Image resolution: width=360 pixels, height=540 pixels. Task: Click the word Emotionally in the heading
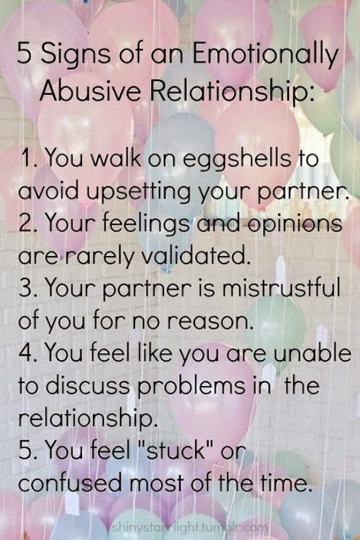(x=265, y=55)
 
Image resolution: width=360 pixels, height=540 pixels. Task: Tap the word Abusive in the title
(x=90, y=91)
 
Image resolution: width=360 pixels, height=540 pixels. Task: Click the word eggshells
(x=237, y=160)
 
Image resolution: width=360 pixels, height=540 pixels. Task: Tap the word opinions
(x=295, y=224)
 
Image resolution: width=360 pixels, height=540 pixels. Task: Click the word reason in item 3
(x=210, y=321)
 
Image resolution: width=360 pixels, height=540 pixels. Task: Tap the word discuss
(x=88, y=385)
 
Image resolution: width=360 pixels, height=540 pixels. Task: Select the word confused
(x=70, y=483)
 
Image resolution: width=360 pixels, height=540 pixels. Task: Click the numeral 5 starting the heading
(x=25, y=54)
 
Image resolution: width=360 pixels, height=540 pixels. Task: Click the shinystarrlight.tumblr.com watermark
(x=190, y=527)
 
